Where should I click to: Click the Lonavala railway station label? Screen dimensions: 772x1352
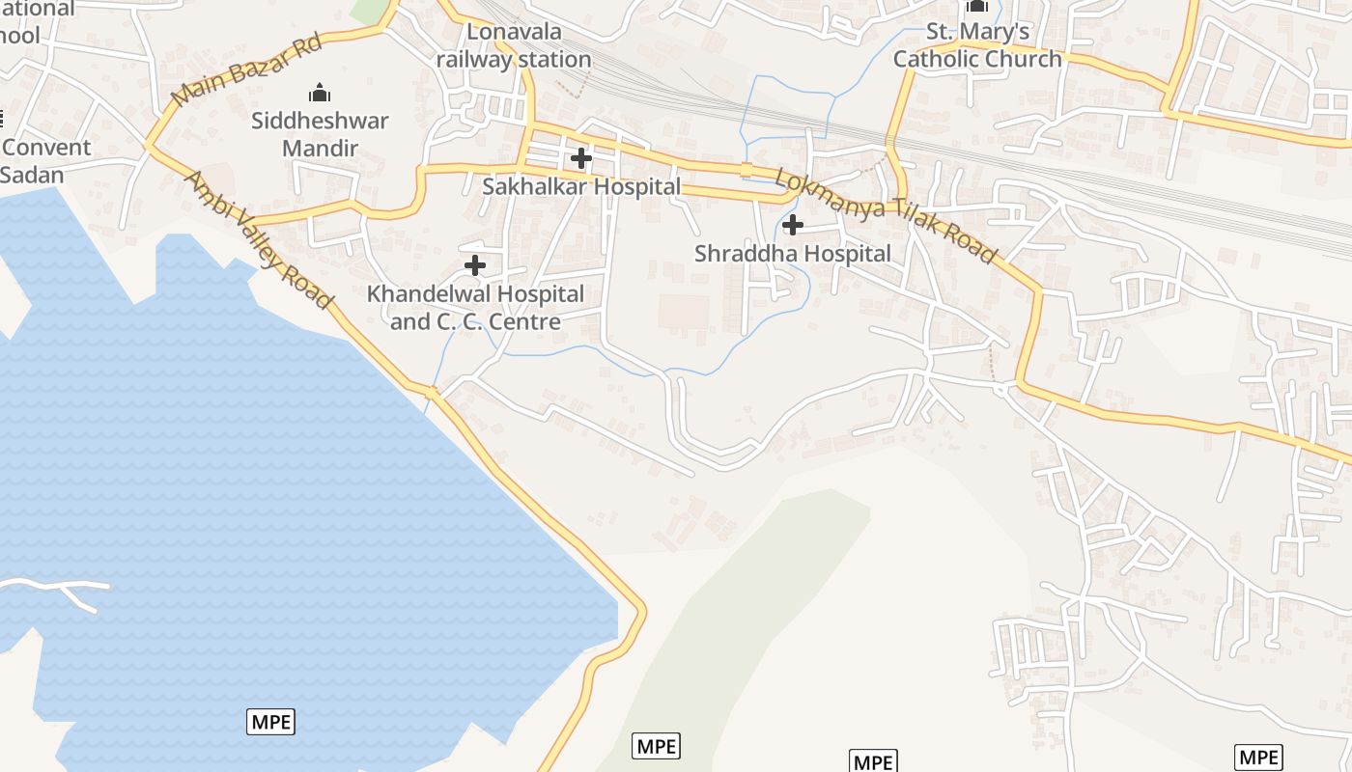(514, 45)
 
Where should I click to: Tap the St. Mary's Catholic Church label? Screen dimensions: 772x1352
(977, 45)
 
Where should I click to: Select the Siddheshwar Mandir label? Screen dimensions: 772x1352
(320, 134)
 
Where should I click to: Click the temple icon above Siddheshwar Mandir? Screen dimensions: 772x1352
(320, 94)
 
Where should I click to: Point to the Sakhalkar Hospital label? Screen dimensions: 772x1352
(581, 186)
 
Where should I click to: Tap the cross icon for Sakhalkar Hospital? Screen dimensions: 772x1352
(581, 157)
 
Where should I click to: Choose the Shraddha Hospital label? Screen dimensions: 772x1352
(793, 254)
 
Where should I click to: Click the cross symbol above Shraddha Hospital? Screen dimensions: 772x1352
(793, 225)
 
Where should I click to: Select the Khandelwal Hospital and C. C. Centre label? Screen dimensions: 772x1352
(475, 307)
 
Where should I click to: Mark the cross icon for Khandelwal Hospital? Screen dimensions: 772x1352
(475, 264)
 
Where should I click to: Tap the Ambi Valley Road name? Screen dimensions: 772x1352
(258, 240)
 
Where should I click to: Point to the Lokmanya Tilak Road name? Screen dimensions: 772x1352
(885, 217)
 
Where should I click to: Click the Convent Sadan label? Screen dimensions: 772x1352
(45, 161)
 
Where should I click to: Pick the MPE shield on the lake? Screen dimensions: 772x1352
(271, 721)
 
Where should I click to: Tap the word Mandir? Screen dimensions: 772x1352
(320, 149)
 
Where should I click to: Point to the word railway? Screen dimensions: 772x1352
(473, 59)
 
